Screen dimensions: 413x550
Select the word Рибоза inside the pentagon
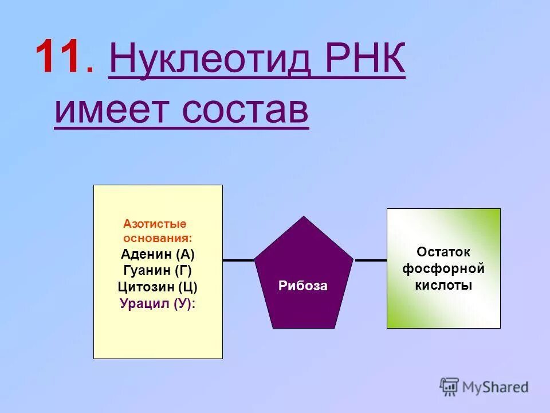point(303,286)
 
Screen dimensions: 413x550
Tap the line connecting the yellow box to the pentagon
point(238,260)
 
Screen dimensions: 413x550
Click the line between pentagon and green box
point(371,260)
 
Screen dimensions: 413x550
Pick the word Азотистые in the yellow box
point(155,224)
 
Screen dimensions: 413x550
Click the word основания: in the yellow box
point(158,237)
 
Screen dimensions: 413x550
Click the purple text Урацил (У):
point(158,304)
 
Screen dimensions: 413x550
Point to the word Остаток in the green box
point(443,252)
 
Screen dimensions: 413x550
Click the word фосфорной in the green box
point(443,268)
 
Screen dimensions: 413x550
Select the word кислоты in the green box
point(443,285)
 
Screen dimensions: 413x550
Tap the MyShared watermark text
point(495,387)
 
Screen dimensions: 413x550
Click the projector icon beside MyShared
point(450,387)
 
